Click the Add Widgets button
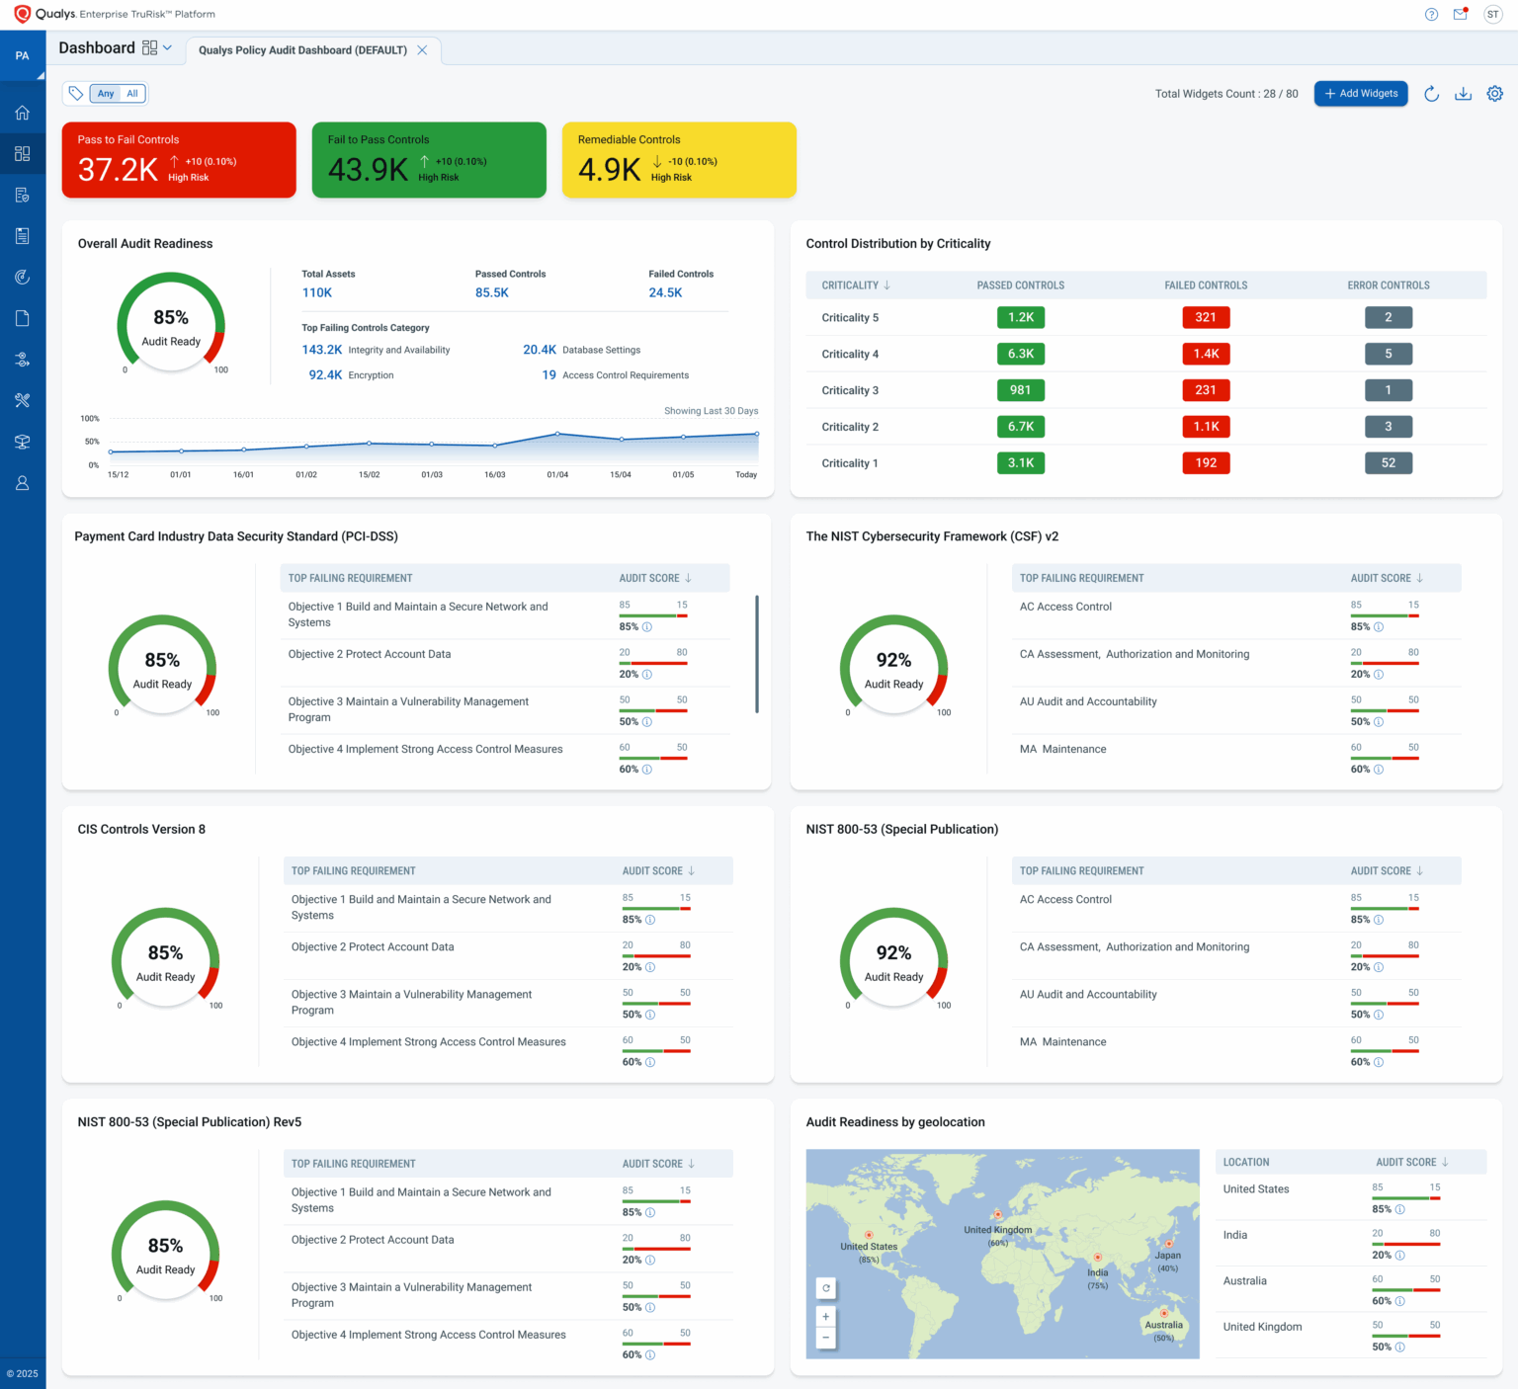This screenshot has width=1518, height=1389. tap(1361, 94)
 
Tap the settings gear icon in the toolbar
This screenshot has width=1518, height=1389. tap(1494, 94)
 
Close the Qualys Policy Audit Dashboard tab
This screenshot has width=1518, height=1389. tap(422, 50)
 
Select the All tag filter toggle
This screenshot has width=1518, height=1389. tap(132, 94)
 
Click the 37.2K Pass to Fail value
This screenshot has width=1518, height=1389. tap(118, 170)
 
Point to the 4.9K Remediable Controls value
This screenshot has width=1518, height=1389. tap(609, 170)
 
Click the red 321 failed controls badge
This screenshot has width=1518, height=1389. tap(1206, 317)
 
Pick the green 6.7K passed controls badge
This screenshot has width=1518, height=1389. tap(1020, 427)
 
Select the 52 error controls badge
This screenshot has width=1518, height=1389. tap(1388, 463)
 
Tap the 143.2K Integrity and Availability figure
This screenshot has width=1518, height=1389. tap(322, 350)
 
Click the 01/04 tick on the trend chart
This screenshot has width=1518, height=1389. tap(557, 475)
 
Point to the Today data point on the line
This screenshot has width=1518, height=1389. tap(757, 434)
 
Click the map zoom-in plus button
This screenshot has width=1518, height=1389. tap(826, 1317)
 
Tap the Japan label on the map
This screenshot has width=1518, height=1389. tap(1168, 1256)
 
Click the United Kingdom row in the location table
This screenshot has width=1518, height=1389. tap(1262, 1327)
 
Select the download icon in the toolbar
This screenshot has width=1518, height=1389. tap(1463, 94)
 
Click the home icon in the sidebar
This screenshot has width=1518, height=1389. tap(23, 113)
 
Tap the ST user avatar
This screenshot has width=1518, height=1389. tap(1492, 15)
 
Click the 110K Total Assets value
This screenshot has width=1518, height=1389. tap(317, 292)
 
